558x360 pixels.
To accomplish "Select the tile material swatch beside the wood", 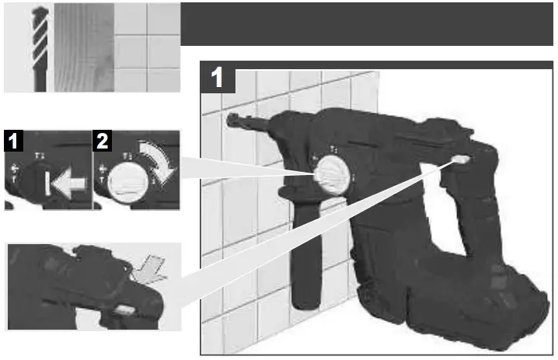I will [147, 48].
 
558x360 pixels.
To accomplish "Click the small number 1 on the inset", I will [13, 142].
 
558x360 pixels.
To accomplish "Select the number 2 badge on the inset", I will [102, 142].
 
